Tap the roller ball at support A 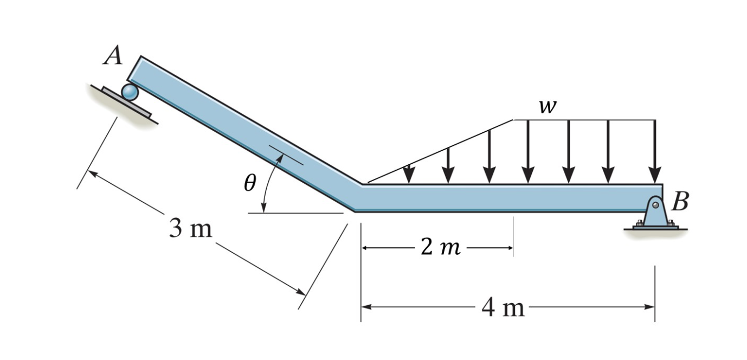tap(130, 92)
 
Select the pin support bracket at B tap(655, 214)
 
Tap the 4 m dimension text tap(503, 307)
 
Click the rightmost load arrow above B tap(655, 152)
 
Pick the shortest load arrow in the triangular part tap(409, 173)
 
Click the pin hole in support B tap(655, 205)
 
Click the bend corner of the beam tap(358, 197)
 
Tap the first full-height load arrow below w tap(528, 152)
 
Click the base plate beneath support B tap(655, 228)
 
